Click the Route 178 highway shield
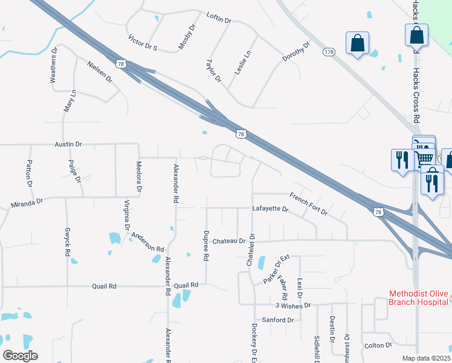[x=329, y=53]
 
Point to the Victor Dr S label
[x=143, y=43]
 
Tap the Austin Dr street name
[x=68, y=145]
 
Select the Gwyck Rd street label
[x=67, y=242]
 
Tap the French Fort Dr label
[x=308, y=204]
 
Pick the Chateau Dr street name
[x=229, y=241]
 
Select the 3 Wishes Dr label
[x=292, y=306]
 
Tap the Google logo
[x=20, y=356]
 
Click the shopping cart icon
[x=425, y=156]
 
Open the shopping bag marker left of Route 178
[x=358, y=43]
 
